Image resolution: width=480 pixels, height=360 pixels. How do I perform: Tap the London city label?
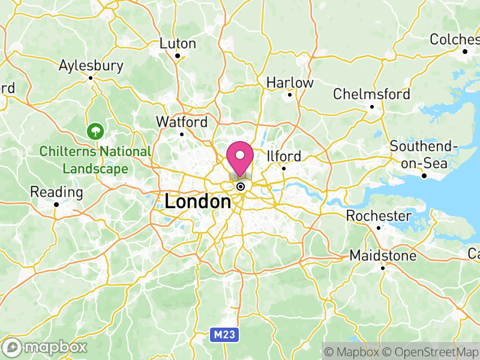pos(197,202)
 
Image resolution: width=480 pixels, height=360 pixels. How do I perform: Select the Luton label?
pos(178,44)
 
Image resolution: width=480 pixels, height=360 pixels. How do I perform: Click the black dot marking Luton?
pos(178,56)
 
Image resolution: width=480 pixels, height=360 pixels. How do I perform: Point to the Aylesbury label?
pos(91,65)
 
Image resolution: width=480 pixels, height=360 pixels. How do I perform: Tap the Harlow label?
pos(290,82)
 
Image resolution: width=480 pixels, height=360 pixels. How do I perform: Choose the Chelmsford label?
pos(371,94)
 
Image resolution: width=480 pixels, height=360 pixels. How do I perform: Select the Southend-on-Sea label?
pos(424,154)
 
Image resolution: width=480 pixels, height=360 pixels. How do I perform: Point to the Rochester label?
pos(379,216)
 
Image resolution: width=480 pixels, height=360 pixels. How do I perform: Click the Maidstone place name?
pos(383,256)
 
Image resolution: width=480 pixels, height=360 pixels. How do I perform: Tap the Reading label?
pos(56,193)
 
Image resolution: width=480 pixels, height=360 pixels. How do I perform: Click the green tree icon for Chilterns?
pos(95,130)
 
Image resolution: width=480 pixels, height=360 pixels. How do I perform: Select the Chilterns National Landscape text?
pos(95,160)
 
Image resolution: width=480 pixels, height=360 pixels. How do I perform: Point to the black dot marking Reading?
pos(56,205)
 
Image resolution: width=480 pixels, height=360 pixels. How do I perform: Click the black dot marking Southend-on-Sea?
pos(424,176)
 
